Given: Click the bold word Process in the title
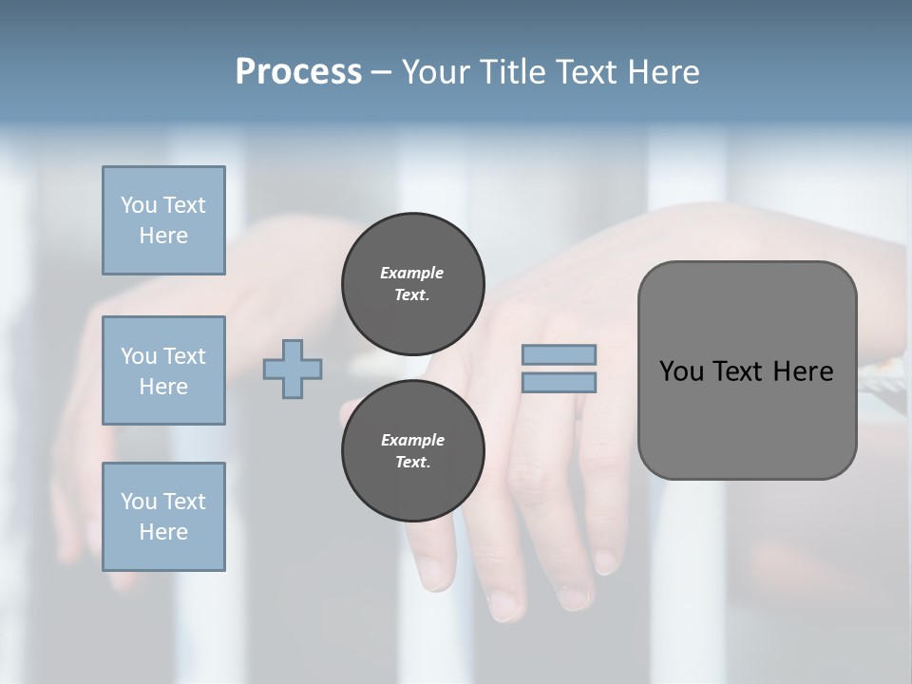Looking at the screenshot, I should click(298, 71).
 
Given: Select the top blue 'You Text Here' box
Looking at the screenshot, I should click(163, 220).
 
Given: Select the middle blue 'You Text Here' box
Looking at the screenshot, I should click(163, 370).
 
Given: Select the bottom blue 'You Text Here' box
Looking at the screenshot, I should click(163, 517).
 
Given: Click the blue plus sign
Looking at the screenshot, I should click(293, 370).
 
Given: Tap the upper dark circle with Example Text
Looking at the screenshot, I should click(412, 283).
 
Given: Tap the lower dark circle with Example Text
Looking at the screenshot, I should click(412, 450).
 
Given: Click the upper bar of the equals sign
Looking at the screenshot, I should click(559, 354).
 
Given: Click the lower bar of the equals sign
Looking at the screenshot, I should click(559, 382).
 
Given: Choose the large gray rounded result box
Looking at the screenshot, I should click(747, 370).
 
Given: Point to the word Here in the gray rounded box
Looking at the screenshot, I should click(803, 371).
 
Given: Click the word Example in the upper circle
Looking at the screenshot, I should click(412, 273).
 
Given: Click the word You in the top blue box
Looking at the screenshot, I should click(138, 205).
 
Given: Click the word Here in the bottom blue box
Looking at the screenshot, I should click(163, 532).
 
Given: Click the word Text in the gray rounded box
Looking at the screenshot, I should click(744, 371).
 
